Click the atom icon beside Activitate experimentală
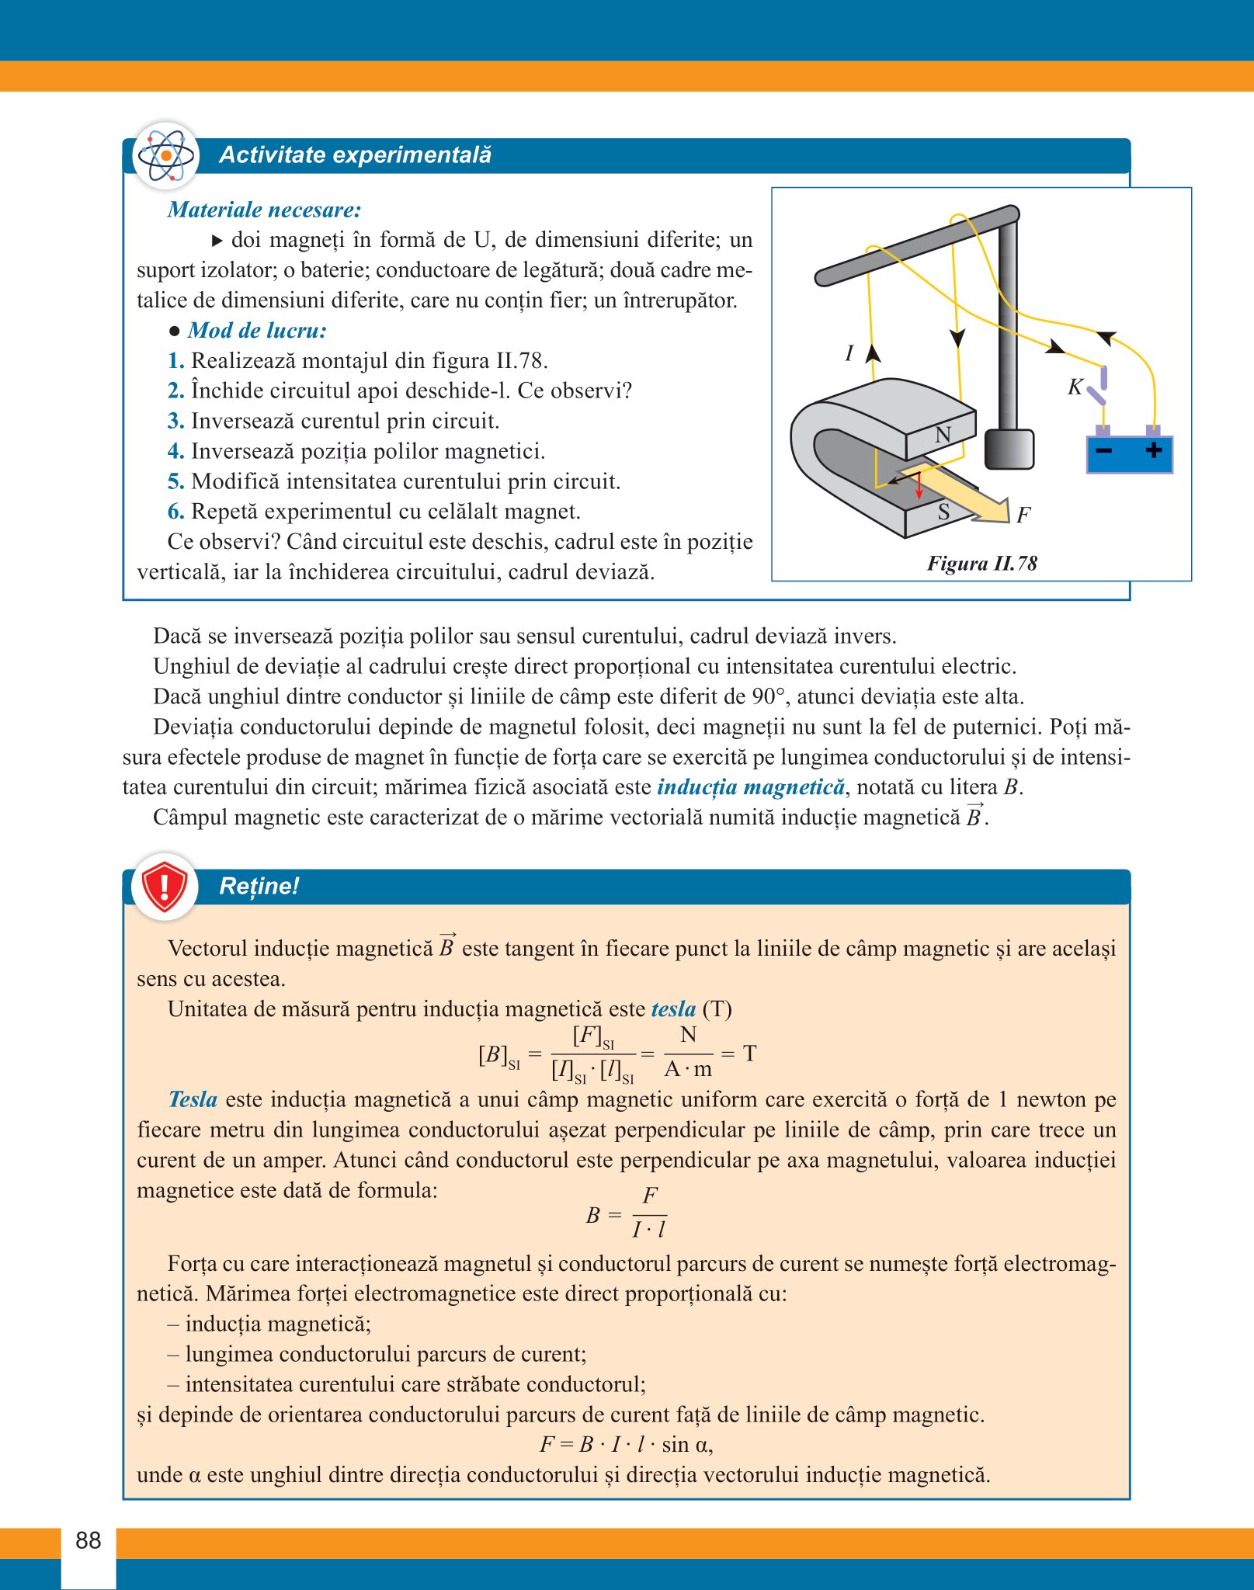click(x=165, y=155)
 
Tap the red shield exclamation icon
click(x=164, y=886)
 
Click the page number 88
click(x=89, y=1540)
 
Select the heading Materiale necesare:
click(x=264, y=210)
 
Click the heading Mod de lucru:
click(x=257, y=331)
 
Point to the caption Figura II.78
click(x=981, y=563)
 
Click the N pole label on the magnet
click(x=943, y=435)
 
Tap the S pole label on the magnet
click(x=943, y=512)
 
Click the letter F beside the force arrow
click(x=1023, y=515)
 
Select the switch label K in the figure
click(x=1075, y=387)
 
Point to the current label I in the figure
click(x=849, y=354)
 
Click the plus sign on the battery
click(x=1154, y=450)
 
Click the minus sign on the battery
click(x=1103, y=450)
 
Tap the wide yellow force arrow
click(x=963, y=498)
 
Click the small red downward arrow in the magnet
click(x=919, y=487)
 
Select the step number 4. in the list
click(x=175, y=451)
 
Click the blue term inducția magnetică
click(x=750, y=787)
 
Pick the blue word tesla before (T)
click(x=673, y=1009)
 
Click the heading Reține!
click(x=259, y=886)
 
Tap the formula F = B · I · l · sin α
click(x=626, y=1445)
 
